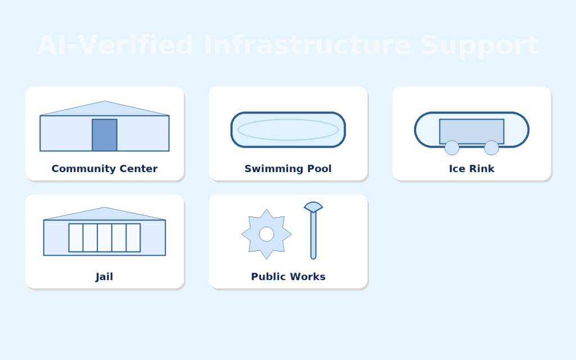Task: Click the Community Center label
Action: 105,169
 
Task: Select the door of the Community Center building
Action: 105,135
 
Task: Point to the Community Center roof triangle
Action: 105,109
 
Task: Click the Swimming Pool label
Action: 288,169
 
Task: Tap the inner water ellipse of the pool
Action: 288,129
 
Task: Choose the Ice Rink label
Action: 471,169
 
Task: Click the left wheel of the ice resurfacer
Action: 452,148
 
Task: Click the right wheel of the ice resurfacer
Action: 492,148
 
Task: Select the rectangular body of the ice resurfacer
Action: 471,130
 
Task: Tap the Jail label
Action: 105,277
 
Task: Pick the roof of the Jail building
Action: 105,214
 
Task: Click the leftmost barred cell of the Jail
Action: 76,238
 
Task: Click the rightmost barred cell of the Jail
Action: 133,238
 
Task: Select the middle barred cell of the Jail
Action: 105,238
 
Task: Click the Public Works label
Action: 288,277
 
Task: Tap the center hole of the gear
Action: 267,234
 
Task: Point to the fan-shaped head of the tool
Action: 313,207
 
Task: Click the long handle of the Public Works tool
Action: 313,236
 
